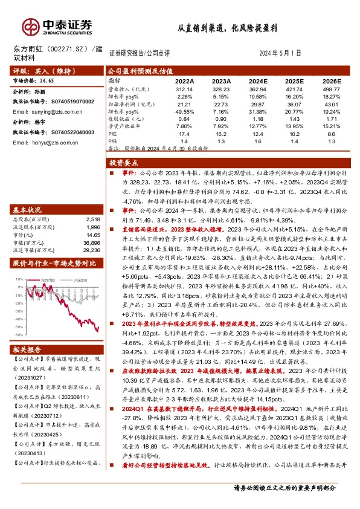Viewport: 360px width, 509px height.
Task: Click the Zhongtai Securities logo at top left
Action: click(57, 25)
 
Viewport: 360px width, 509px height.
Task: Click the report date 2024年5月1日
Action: click(281, 53)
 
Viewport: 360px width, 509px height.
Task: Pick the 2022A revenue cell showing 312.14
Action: click(184, 88)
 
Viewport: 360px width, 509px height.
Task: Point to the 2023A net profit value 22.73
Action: click(222, 103)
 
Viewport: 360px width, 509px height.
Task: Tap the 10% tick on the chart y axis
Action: click(19, 279)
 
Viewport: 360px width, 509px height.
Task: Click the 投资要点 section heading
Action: click(124, 164)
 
